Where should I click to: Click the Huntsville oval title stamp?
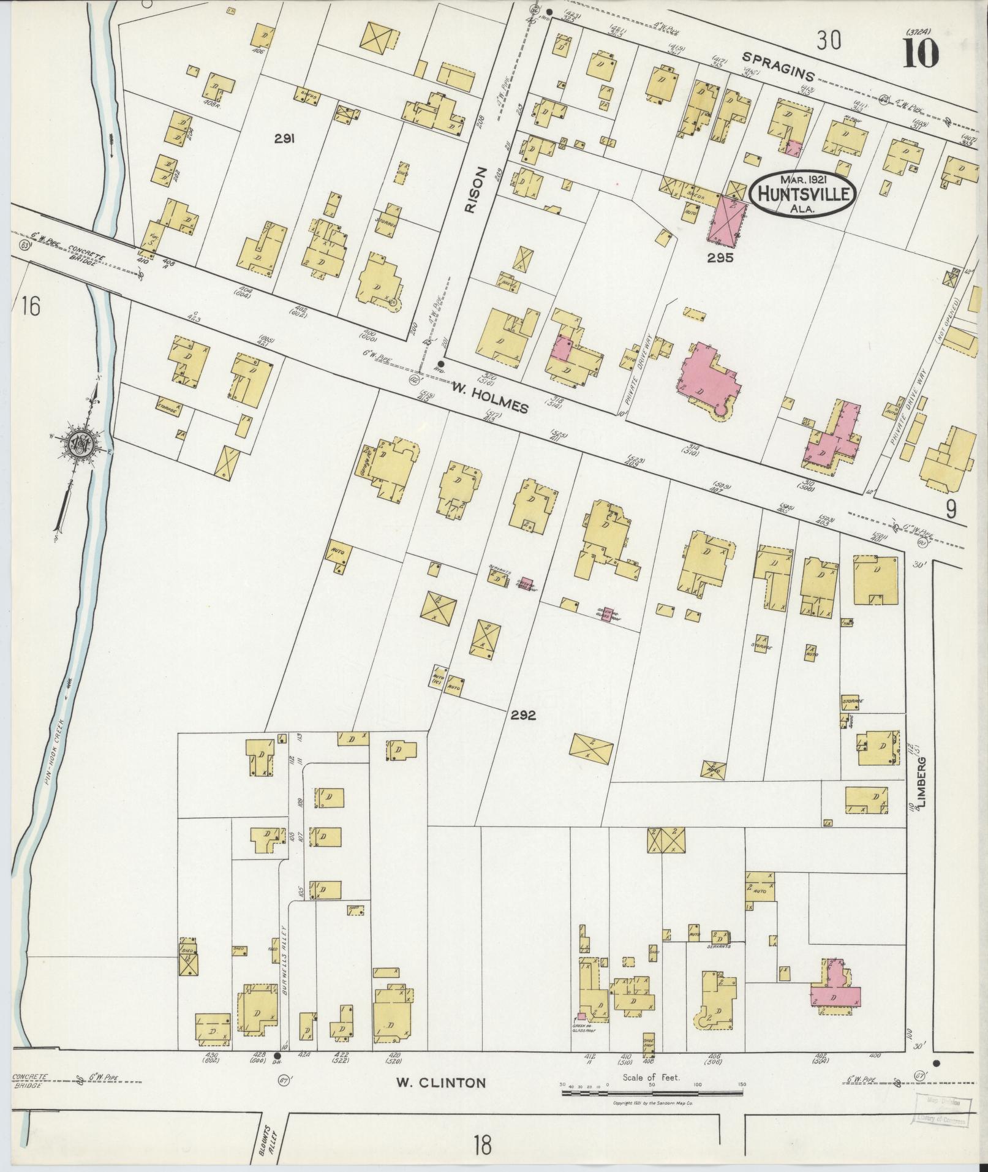click(801, 193)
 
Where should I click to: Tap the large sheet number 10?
click(919, 54)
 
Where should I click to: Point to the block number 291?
click(285, 139)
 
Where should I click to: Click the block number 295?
click(719, 258)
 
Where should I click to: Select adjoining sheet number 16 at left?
click(29, 305)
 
